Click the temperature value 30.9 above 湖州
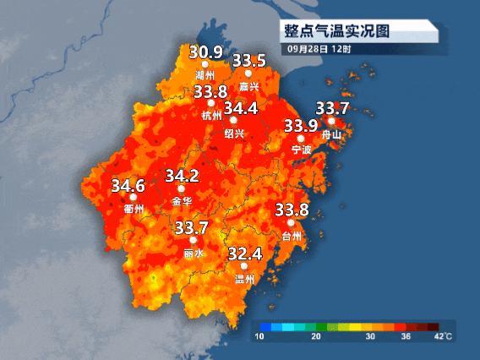coord(205,52)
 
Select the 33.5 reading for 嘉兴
coord(249,61)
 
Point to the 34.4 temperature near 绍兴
coord(240,108)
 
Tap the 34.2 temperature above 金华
coord(182,176)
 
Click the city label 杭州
coord(212,116)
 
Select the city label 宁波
coord(302,150)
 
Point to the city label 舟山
coord(332,134)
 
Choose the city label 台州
coord(292,236)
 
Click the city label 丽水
coord(193,253)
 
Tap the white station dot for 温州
coord(244,266)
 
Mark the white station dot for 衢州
coord(134,197)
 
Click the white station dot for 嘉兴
coord(248,74)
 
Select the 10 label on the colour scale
coord(261,337)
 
